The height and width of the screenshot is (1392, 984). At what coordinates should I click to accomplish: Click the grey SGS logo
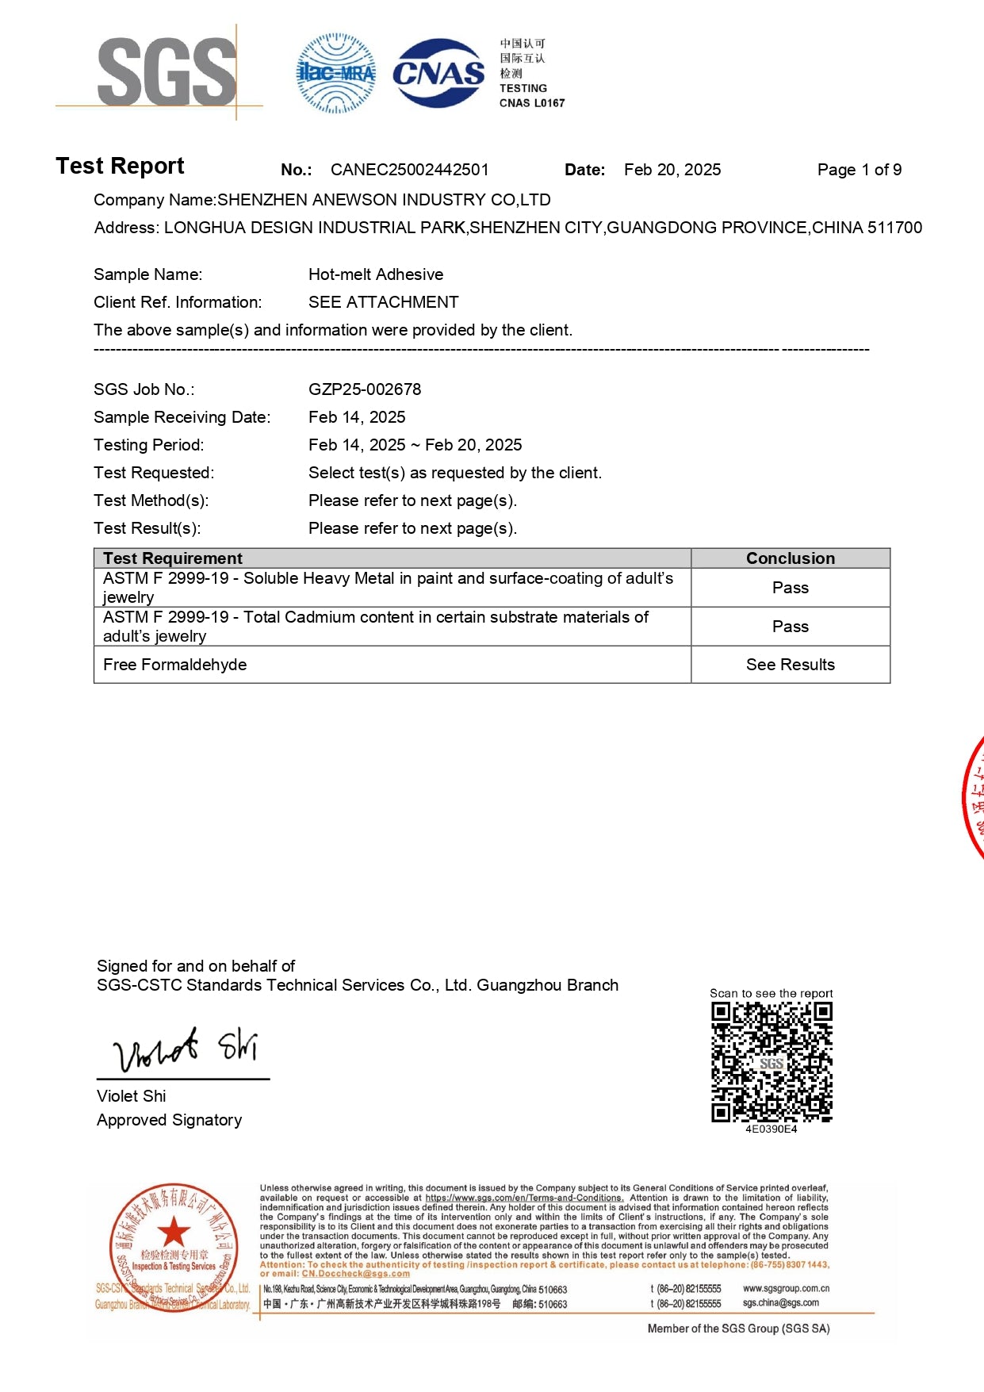167,72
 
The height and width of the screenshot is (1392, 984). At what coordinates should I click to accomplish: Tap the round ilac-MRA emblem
335,73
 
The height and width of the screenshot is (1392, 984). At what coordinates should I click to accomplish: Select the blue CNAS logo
438,73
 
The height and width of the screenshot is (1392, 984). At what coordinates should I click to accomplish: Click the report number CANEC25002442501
409,170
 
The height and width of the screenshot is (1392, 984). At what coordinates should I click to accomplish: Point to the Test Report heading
120,166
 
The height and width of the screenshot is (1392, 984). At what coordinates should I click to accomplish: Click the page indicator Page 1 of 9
859,170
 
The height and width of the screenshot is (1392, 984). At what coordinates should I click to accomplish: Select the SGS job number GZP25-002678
365,389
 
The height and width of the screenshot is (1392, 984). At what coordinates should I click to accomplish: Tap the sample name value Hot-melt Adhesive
376,274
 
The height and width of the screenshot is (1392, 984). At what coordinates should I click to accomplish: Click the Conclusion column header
790,558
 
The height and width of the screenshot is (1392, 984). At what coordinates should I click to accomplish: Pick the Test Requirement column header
173,558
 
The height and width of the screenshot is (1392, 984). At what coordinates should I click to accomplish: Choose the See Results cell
790,665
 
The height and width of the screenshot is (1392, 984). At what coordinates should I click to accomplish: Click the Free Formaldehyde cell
174,665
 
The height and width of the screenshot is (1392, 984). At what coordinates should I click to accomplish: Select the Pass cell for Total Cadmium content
790,627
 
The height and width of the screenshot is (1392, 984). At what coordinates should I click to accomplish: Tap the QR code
772,1062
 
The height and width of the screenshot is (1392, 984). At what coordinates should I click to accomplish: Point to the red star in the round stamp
174,1233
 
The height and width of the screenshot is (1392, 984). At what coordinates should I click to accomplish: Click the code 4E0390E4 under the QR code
771,1129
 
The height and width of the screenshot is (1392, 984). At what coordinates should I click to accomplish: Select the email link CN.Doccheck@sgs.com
355,1274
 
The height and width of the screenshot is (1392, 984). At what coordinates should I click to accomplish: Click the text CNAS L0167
532,103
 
